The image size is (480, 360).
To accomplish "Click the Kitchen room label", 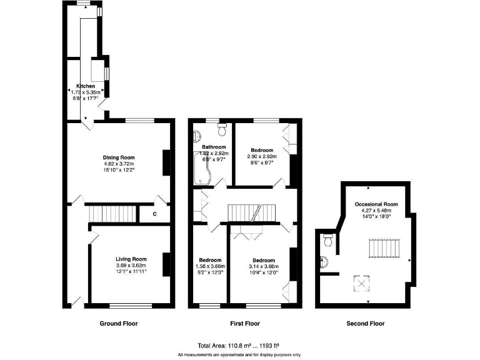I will coord(86,86).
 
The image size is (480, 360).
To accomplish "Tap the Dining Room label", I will coord(119,157).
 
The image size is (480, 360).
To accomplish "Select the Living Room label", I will coord(131,259).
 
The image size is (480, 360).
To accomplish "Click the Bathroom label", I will coord(214,147).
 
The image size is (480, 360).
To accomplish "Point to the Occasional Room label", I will coord(376,204).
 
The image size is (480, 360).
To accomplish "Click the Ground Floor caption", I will coord(119,324).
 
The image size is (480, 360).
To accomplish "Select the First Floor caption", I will coord(241,324).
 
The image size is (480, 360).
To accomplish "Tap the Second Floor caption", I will coord(366,324).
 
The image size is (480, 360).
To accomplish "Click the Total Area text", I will coord(237,344).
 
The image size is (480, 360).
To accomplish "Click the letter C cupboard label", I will coord(154,214).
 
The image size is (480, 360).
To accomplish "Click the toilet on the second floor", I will coord(326,240).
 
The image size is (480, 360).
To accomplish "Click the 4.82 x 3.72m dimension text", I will coord(119,164).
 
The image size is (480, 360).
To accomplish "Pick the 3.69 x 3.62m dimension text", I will coord(131,266).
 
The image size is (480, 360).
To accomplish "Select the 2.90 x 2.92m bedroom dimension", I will coord(262,157).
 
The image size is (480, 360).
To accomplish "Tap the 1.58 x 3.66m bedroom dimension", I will coord(211,267).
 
